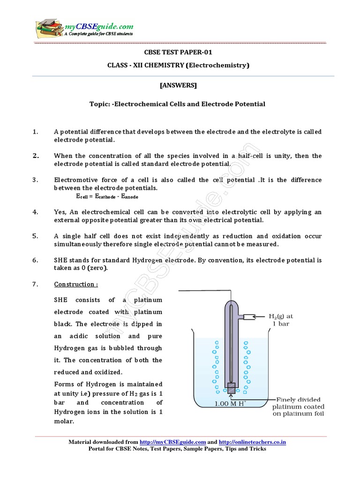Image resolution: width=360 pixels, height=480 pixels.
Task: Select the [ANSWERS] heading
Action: tap(178, 85)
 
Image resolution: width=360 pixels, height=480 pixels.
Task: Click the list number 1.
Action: tap(35, 132)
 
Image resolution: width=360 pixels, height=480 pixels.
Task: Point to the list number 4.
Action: tap(35, 212)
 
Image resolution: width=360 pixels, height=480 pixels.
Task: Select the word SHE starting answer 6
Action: tap(61, 260)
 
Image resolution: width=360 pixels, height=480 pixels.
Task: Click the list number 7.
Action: tap(35, 284)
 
